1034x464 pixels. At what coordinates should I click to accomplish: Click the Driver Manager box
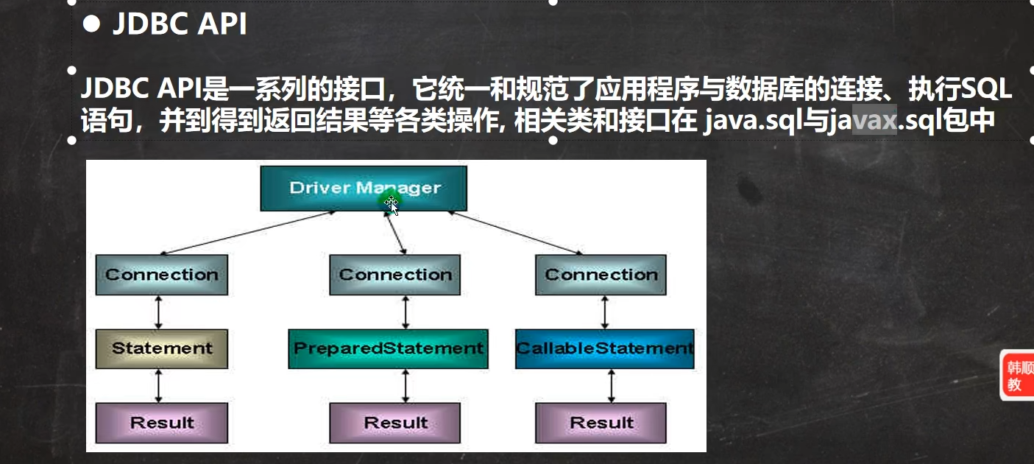tap(364, 188)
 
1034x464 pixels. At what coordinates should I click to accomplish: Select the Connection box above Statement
tap(161, 275)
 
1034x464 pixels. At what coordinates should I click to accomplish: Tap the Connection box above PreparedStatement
tap(395, 275)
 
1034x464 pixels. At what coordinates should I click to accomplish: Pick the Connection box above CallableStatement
tap(601, 275)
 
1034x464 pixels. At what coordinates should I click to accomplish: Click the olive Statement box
tap(161, 348)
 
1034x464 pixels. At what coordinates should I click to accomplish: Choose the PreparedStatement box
tap(388, 348)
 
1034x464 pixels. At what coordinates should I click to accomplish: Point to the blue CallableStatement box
tap(604, 348)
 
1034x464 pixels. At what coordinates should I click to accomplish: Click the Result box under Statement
tap(161, 423)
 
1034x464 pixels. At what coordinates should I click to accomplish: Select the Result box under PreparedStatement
tap(395, 423)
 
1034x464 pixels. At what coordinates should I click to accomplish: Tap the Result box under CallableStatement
tap(601, 423)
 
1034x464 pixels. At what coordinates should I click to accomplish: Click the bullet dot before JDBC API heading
tap(91, 26)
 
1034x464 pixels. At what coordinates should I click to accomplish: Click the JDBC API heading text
tap(179, 25)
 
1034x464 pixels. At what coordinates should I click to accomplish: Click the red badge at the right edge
tap(1017, 376)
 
